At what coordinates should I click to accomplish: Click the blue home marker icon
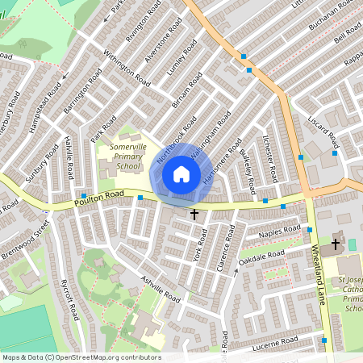coord(181,174)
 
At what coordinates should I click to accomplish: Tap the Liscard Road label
coord(323,135)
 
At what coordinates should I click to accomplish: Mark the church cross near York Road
coord(194,214)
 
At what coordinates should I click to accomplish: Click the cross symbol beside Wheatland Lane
coord(336,244)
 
